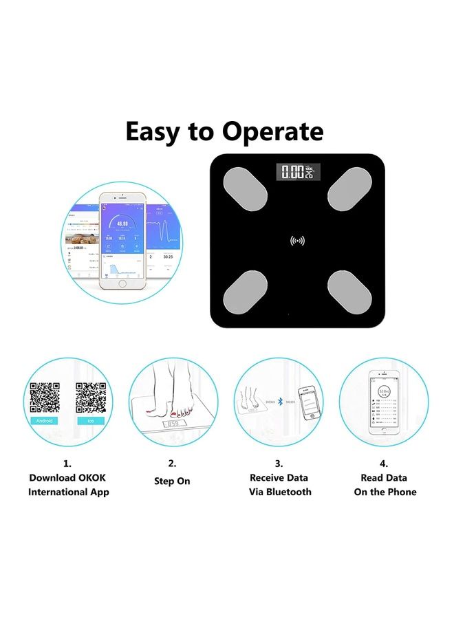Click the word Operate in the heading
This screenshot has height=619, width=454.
[274, 131]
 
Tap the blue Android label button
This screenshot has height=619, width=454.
[43, 420]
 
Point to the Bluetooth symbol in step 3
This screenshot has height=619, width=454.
[280, 401]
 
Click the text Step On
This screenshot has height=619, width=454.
[172, 481]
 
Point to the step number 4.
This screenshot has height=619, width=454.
[384, 464]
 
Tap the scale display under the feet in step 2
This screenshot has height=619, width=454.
[173, 424]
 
